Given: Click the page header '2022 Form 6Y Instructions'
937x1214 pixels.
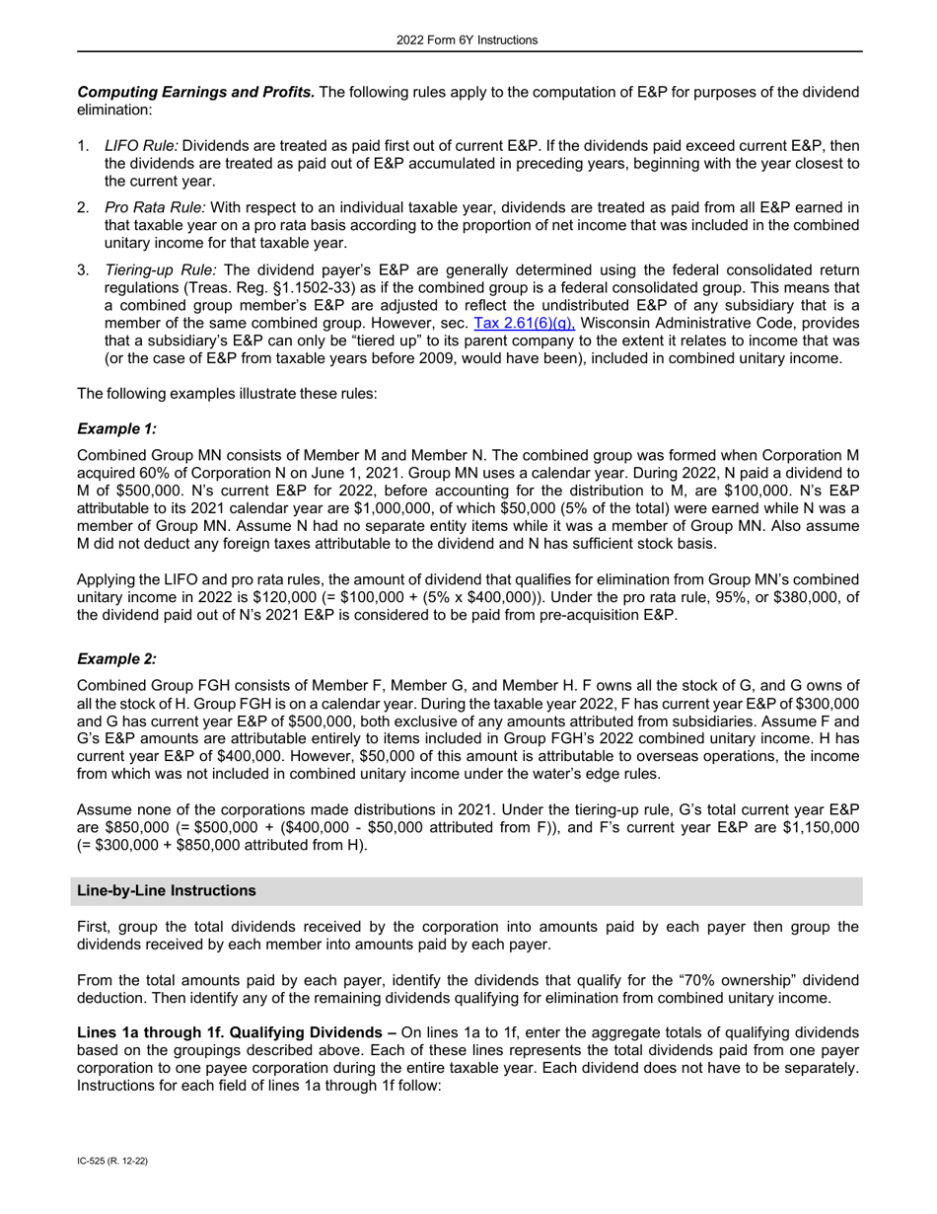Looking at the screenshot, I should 468,40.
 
